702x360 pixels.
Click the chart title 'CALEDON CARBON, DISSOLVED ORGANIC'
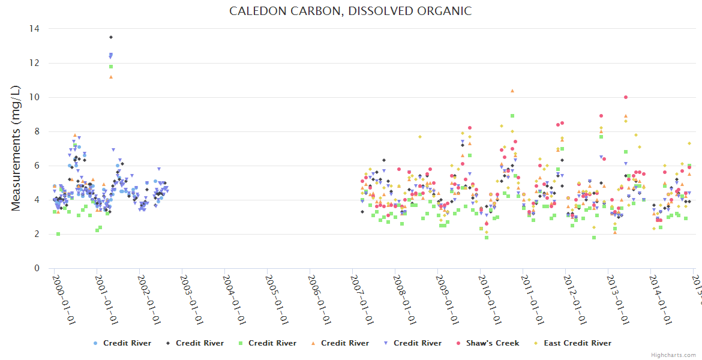(350, 11)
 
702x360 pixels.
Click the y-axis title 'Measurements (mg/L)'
(16, 148)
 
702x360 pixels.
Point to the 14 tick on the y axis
(34, 29)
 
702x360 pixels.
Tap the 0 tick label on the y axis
(37, 268)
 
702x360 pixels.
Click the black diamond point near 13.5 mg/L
(111, 37)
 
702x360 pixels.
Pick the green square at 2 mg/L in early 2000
(58, 234)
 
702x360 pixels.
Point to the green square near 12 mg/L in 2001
(111, 67)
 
